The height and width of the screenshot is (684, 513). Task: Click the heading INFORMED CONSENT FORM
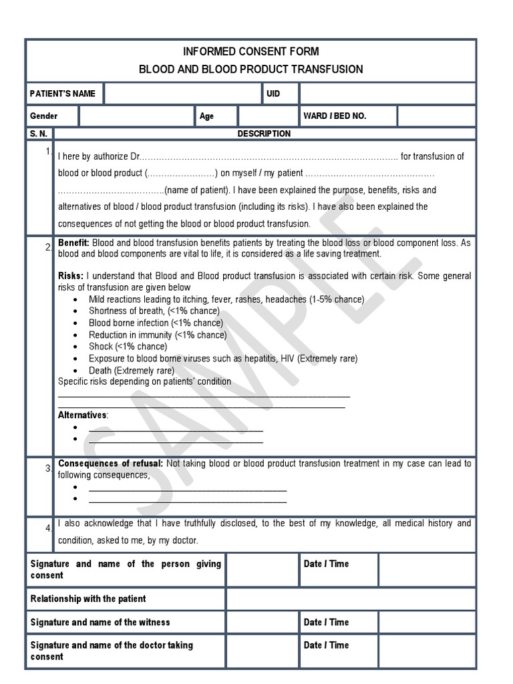click(250, 51)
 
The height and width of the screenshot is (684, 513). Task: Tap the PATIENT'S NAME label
click(63, 94)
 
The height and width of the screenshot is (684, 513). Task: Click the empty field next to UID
click(387, 94)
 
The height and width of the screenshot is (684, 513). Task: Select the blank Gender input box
click(136, 116)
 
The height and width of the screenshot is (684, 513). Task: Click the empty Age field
click(267, 116)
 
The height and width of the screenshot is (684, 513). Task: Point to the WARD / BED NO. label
click(335, 116)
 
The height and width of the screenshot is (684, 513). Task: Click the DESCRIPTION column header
click(264, 134)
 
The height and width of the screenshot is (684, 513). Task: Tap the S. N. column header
click(39, 134)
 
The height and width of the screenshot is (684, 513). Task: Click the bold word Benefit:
click(74, 243)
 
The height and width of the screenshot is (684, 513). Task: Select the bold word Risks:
click(71, 276)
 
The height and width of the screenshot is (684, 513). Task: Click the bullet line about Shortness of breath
click(154, 311)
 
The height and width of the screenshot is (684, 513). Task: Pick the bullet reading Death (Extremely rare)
click(131, 370)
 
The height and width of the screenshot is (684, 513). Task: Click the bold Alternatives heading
click(82, 415)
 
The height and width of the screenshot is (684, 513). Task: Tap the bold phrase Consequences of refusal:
click(110, 464)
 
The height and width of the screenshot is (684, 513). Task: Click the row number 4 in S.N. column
click(49, 528)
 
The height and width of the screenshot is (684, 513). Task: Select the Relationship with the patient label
click(88, 598)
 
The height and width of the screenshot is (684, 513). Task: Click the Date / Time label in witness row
click(326, 622)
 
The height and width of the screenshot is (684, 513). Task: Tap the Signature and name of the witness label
click(100, 622)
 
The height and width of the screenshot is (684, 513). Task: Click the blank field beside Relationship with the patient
click(351, 598)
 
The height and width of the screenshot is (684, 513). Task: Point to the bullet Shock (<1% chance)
click(128, 347)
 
